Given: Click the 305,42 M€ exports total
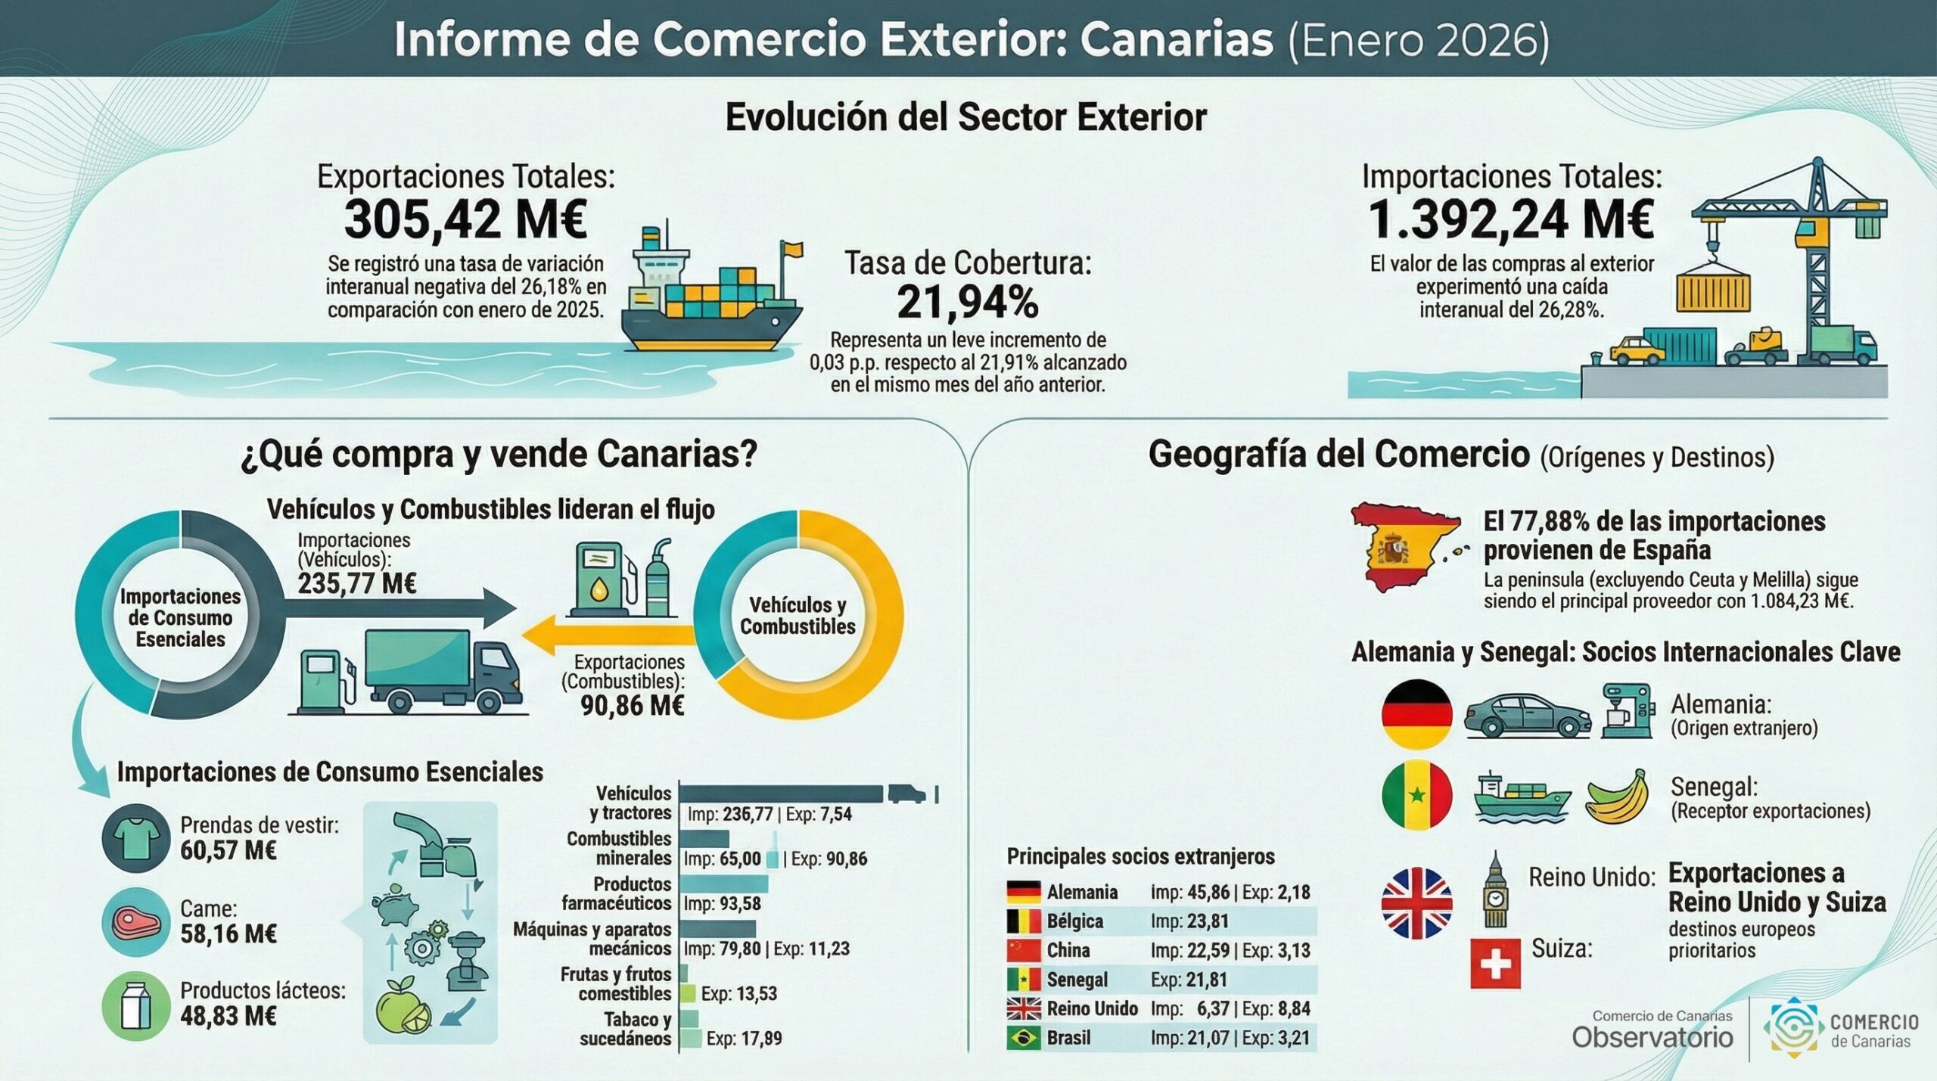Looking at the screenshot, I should click(465, 220).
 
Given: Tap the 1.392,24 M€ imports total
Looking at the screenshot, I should click(1511, 220).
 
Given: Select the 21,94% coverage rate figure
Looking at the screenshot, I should click(968, 303).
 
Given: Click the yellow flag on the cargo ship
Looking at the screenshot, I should click(792, 249).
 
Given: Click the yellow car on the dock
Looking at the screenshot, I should click(1637, 349).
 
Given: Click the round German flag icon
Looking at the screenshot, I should click(1416, 714).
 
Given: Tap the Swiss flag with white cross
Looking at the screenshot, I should click(1495, 964).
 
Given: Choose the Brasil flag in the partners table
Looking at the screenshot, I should click(1024, 1038).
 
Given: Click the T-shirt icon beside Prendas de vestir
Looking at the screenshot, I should click(136, 837).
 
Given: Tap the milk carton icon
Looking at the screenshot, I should click(136, 1005).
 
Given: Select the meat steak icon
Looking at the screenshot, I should click(136, 922).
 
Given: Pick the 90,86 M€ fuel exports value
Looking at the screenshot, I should click(632, 706).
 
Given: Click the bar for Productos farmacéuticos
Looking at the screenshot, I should click(723, 884).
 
